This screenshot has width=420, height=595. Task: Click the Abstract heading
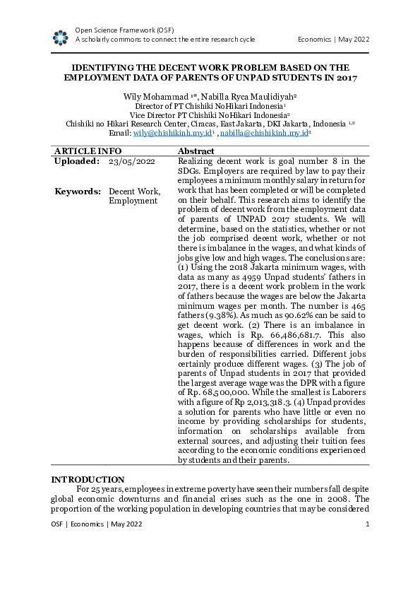pyautogui.click(x=196, y=151)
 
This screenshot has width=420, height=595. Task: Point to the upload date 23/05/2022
pyautogui.click(x=132, y=162)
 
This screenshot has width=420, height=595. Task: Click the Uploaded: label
pyautogui.click(x=77, y=162)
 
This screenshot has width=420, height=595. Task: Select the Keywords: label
pyautogui.click(x=77, y=192)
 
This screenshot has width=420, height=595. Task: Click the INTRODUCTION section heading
pyautogui.click(x=88, y=480)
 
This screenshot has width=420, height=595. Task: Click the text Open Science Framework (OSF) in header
pyautogui.click(x=124, y=30)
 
